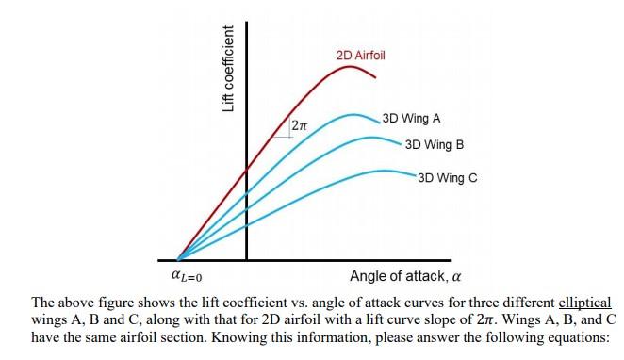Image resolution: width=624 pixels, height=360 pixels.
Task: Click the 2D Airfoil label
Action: click(x=360, y=57)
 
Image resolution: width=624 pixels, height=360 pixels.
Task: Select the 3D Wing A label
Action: click(x=412, y=119)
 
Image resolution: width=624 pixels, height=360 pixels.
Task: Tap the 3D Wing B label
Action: click(x=434, y=145)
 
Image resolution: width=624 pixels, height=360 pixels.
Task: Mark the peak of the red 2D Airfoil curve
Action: click(x=352, y=66)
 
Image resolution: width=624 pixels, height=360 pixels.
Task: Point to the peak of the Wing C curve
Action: click(x=385, y=171)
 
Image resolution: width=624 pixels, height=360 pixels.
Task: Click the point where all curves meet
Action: click(x=178, y=257)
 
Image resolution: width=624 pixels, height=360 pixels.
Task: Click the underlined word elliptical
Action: click(x=585, y=303)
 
